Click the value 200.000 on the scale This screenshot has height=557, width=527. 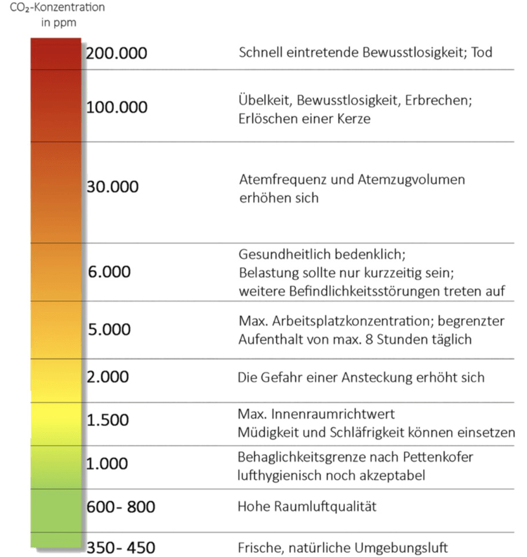pos(117,53)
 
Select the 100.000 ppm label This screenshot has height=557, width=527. pos(117,107)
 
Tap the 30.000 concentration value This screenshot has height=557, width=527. pos(112,187)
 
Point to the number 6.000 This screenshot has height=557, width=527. pos(109,271)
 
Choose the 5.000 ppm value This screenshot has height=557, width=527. pos(109,330)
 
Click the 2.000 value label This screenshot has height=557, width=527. pos(108,377)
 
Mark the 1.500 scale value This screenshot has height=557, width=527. pos(108,420)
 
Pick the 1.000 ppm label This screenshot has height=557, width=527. pos(108,464)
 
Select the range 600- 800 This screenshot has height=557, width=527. pos(120,506)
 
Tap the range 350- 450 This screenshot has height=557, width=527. pos(120,547)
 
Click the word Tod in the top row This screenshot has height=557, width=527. pos(481,53)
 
